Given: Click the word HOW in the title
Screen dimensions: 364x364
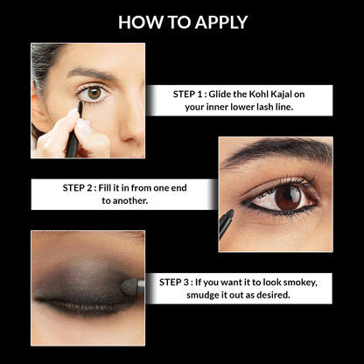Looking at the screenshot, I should (138, 22).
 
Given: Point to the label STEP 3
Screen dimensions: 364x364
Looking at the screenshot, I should (185, 282).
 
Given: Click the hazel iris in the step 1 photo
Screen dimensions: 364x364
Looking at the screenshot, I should (94, 92).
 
